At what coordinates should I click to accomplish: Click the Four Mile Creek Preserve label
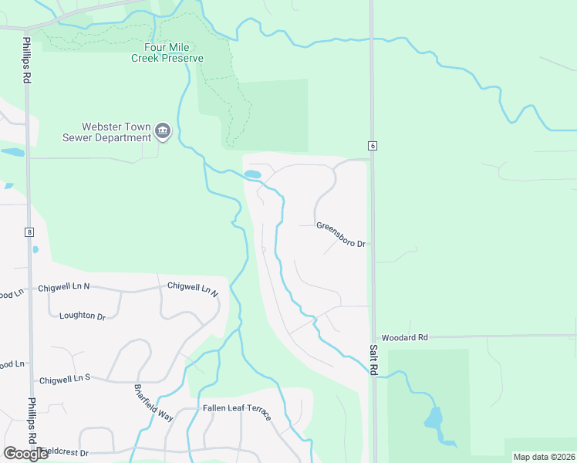pos(167,52)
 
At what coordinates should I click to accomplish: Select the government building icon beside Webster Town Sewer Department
pos(163,132)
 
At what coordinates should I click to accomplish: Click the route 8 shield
pos(29,231)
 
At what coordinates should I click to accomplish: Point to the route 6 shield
pos(372,146)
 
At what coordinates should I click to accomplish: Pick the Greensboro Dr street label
pos(340,235)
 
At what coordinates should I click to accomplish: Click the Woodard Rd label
pos(404,338)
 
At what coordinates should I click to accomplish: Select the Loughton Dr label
pos(82,316)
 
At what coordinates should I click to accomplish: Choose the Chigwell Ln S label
pos(65,379)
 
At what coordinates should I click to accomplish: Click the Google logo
pos(25,454)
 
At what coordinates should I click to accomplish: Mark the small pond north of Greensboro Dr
pos(252,175)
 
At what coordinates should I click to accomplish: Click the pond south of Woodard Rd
pos(434,421)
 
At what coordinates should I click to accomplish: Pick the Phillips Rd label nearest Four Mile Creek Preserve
pos(26,59)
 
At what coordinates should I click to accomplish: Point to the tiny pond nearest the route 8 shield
pos(35,250)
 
